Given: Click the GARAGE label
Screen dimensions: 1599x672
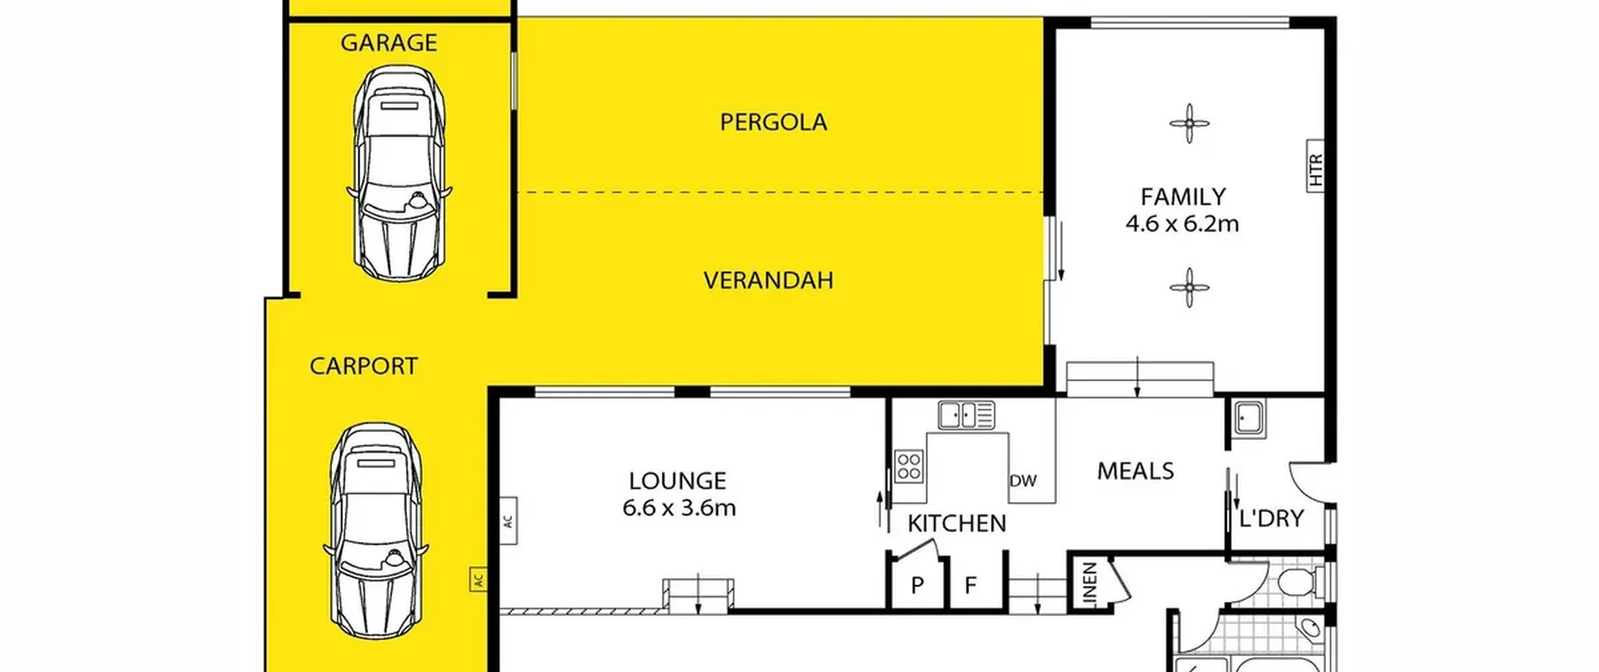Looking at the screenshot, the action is [389, 43].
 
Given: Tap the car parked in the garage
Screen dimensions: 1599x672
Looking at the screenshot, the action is [399, 173].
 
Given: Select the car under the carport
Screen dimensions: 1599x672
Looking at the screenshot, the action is [375, 530].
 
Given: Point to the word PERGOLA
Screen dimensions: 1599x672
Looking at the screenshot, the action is [773, 122].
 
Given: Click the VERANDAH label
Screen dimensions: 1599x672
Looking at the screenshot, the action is [768, 280].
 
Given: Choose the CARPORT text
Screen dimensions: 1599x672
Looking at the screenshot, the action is [364, 366].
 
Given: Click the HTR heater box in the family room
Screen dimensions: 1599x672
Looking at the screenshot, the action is [1315, 166].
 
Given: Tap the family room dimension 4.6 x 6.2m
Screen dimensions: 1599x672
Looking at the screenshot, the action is [1182, 224].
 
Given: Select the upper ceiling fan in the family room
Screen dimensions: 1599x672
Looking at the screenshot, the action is [1189, 123].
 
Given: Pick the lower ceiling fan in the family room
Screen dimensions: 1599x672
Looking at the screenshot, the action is [1189, 288].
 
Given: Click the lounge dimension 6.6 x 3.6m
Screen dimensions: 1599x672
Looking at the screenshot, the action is [679, 508].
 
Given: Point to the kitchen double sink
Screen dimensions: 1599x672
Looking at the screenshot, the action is [966, 415].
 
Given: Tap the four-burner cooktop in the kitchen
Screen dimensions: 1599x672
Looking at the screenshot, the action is [909, 466].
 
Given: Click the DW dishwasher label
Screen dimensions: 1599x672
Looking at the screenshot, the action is [1023, 481].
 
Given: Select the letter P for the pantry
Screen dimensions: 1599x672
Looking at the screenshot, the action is [917, 585].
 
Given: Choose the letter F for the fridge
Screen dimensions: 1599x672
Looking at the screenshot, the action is [970, 585].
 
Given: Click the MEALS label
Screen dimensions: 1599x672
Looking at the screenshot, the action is [1136, 471].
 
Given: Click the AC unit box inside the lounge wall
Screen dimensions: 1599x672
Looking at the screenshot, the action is [508, 520].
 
